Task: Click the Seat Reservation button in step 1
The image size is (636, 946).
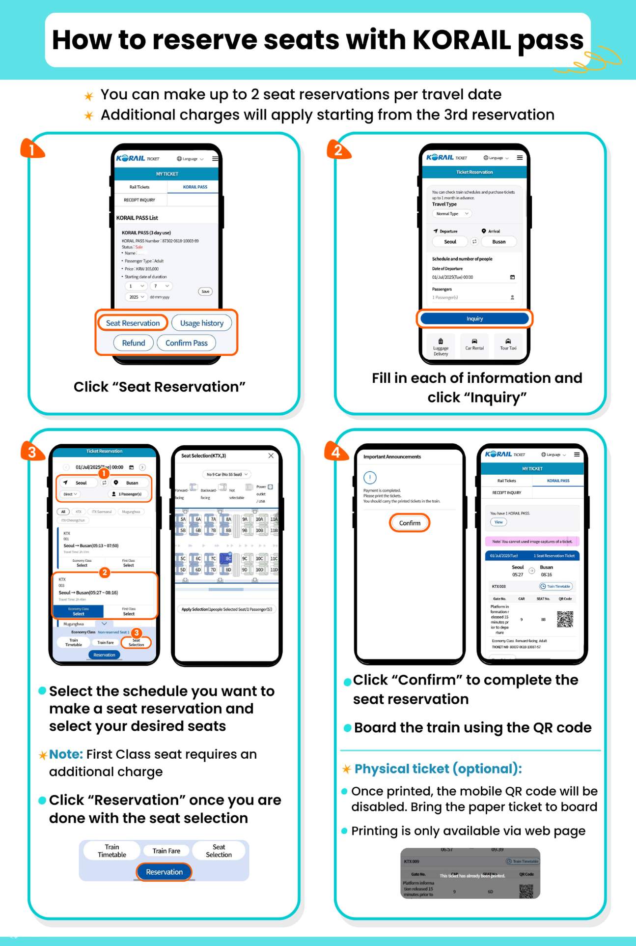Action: coord(133,323)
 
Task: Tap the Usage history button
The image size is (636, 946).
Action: coord(201,323)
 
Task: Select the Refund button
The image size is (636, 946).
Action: coord(134,343)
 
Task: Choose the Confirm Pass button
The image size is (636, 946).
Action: coord(186,343)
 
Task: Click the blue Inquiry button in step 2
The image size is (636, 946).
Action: coord(474,318)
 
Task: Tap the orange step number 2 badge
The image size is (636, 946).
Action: coord(338,150)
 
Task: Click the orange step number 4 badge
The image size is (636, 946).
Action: coord(336,452)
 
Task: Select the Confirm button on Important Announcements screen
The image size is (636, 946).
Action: coord(410,523)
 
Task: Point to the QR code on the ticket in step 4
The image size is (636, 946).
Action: coord(565,619)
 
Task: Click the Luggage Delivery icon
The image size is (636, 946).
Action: coord(441,345)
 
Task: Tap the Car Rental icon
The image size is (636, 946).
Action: coord(474,344)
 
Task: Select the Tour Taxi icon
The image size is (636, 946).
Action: coord(508,344)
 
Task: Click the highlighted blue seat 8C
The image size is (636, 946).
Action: coord(228,558)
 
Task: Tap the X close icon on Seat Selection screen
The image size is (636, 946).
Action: coord(271,456)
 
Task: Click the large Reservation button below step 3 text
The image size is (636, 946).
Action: coord(164,872)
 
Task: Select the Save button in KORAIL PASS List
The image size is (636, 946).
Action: coord(205,291)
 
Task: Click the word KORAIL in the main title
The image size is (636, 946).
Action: coord(462,40)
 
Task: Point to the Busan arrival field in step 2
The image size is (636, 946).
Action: coord(499,242)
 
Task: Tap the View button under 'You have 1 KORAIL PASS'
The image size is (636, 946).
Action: coord(498,522)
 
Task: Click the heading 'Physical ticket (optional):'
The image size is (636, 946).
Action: coord(438,769)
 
